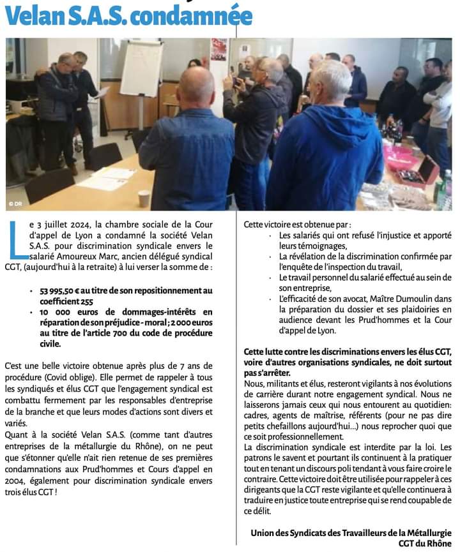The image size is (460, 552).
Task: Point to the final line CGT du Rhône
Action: coord(425,542)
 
